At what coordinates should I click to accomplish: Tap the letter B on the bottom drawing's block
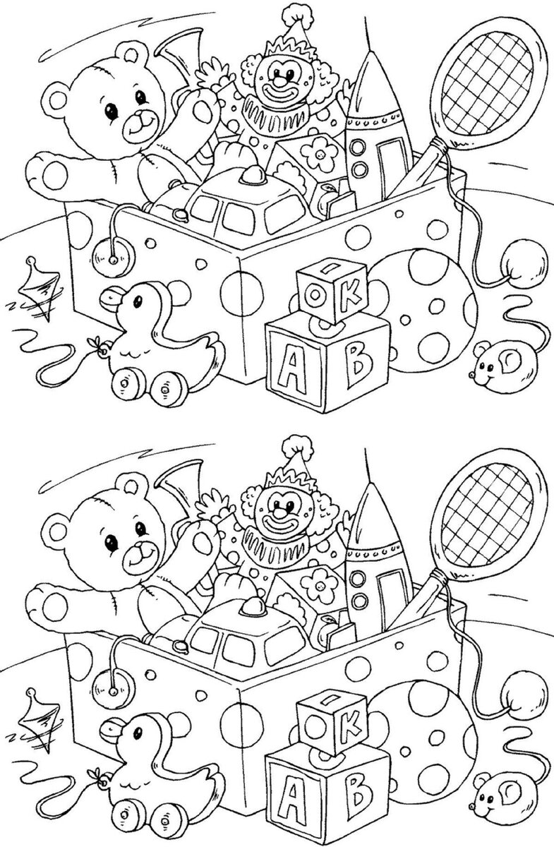pyautogui.click(x=358, y=798)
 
